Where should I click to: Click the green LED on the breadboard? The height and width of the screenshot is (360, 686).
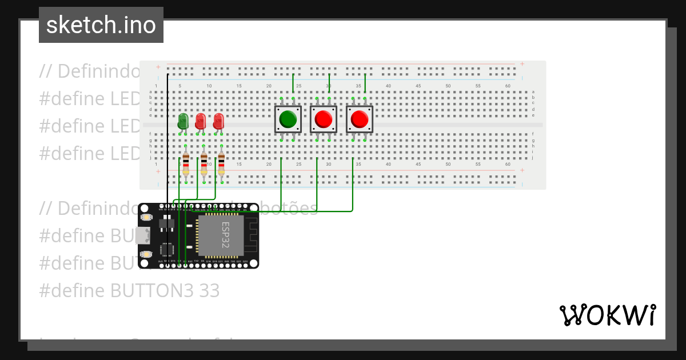(x=183, y=121)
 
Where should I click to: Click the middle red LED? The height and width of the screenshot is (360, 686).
(x=201, y=121)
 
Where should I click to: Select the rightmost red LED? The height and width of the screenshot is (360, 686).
(x=218, y=121)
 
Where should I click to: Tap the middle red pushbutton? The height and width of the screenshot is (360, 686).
(x=324, y=119)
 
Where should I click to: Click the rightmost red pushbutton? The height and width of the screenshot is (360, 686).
(x=360, y=119)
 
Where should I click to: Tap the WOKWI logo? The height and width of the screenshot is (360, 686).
(x=607, y=315)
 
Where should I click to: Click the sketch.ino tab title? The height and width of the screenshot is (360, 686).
(x=101, y=25)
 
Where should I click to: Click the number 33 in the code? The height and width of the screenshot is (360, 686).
(x=209, y=290)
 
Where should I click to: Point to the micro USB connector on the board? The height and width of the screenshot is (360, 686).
(x=143, y=235)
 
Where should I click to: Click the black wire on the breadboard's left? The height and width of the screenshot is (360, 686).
(x=167, y=137)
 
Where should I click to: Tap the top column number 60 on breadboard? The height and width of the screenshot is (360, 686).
(x=508, y=86)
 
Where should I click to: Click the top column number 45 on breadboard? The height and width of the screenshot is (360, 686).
(x=418, y=86)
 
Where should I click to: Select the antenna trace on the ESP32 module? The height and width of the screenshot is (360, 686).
(x=251, y=234)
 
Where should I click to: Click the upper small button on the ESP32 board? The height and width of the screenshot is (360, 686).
(x=147, y=218)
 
